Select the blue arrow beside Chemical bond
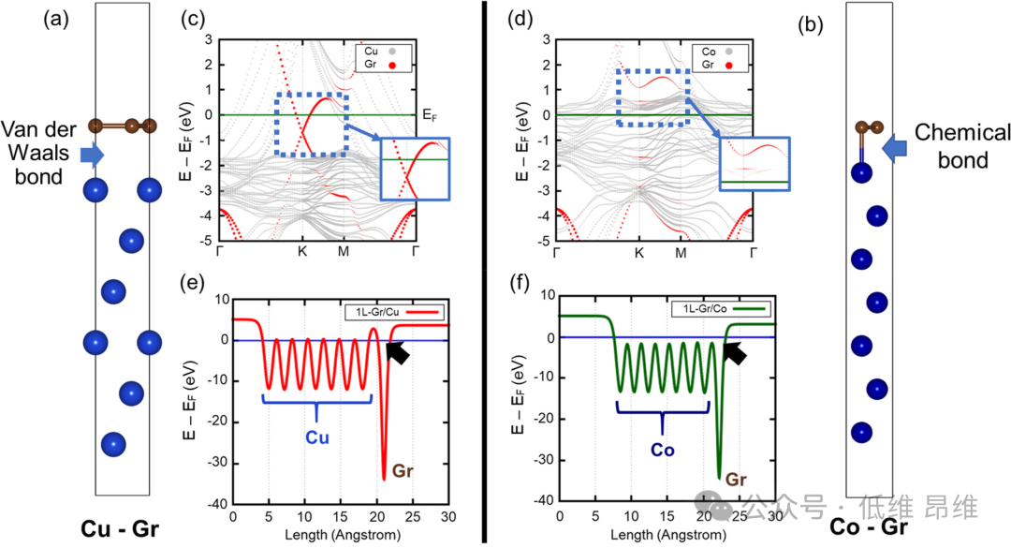click(897, 145)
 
